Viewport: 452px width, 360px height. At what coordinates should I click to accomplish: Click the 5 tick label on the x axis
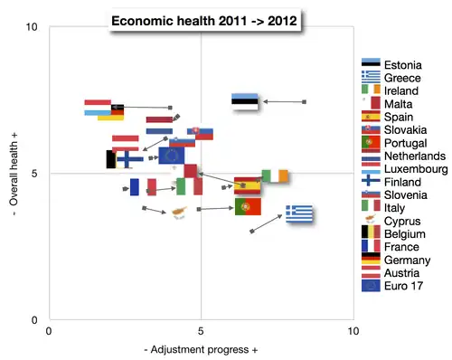[x=201, y=331]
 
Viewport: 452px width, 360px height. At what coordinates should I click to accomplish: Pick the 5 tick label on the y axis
[x=33, y=174]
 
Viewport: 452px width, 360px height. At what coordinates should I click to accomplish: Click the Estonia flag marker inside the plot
[x=246, y=101]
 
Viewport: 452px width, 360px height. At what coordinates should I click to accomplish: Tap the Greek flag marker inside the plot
[x=300, y=213]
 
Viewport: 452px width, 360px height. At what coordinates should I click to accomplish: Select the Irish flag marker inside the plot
[x=275, y=176]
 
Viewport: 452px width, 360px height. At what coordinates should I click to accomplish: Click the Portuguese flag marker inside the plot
[x=248, y=207]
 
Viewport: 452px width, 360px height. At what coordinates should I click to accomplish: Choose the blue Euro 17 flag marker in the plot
[x=171, y=156]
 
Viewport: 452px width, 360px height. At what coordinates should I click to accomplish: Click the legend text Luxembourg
[x=416, y=169]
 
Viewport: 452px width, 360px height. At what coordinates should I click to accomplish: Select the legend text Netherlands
[x=415, y=156]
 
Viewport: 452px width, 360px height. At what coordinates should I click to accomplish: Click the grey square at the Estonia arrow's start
[x=305, y=102]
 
